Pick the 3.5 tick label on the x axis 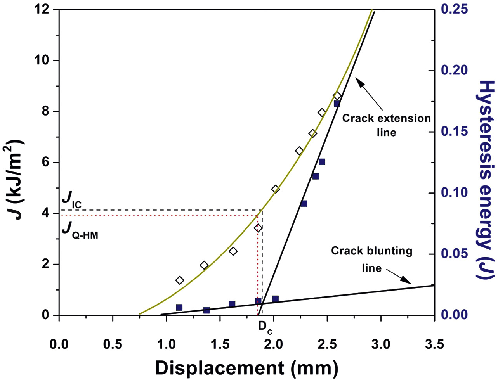click(x=434, y=344)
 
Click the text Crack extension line click(x=387, y=125)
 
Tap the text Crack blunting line click(x=371, y=259)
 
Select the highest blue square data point click(x=337, y=104)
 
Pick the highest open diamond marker click(x=337, y=96)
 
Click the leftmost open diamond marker click(x=179, y=280)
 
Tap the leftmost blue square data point click(x=179, y=307)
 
